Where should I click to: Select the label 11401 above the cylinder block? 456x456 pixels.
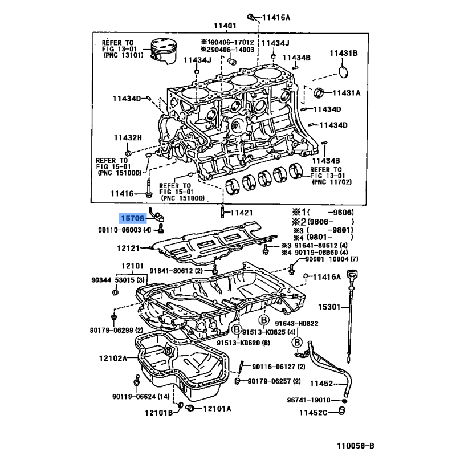click(225, 26)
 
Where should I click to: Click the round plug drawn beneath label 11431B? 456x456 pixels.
click(343, 72)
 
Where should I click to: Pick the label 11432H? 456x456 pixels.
click(127, 137)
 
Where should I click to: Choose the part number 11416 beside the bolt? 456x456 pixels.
click(122, 194)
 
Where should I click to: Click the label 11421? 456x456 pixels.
click(240, 213)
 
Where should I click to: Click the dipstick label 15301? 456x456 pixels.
click(328, 307)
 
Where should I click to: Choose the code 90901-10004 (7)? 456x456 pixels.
click(330, 259)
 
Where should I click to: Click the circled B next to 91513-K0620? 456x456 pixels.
click(235, 329)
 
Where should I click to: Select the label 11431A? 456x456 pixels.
click(347, 93)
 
